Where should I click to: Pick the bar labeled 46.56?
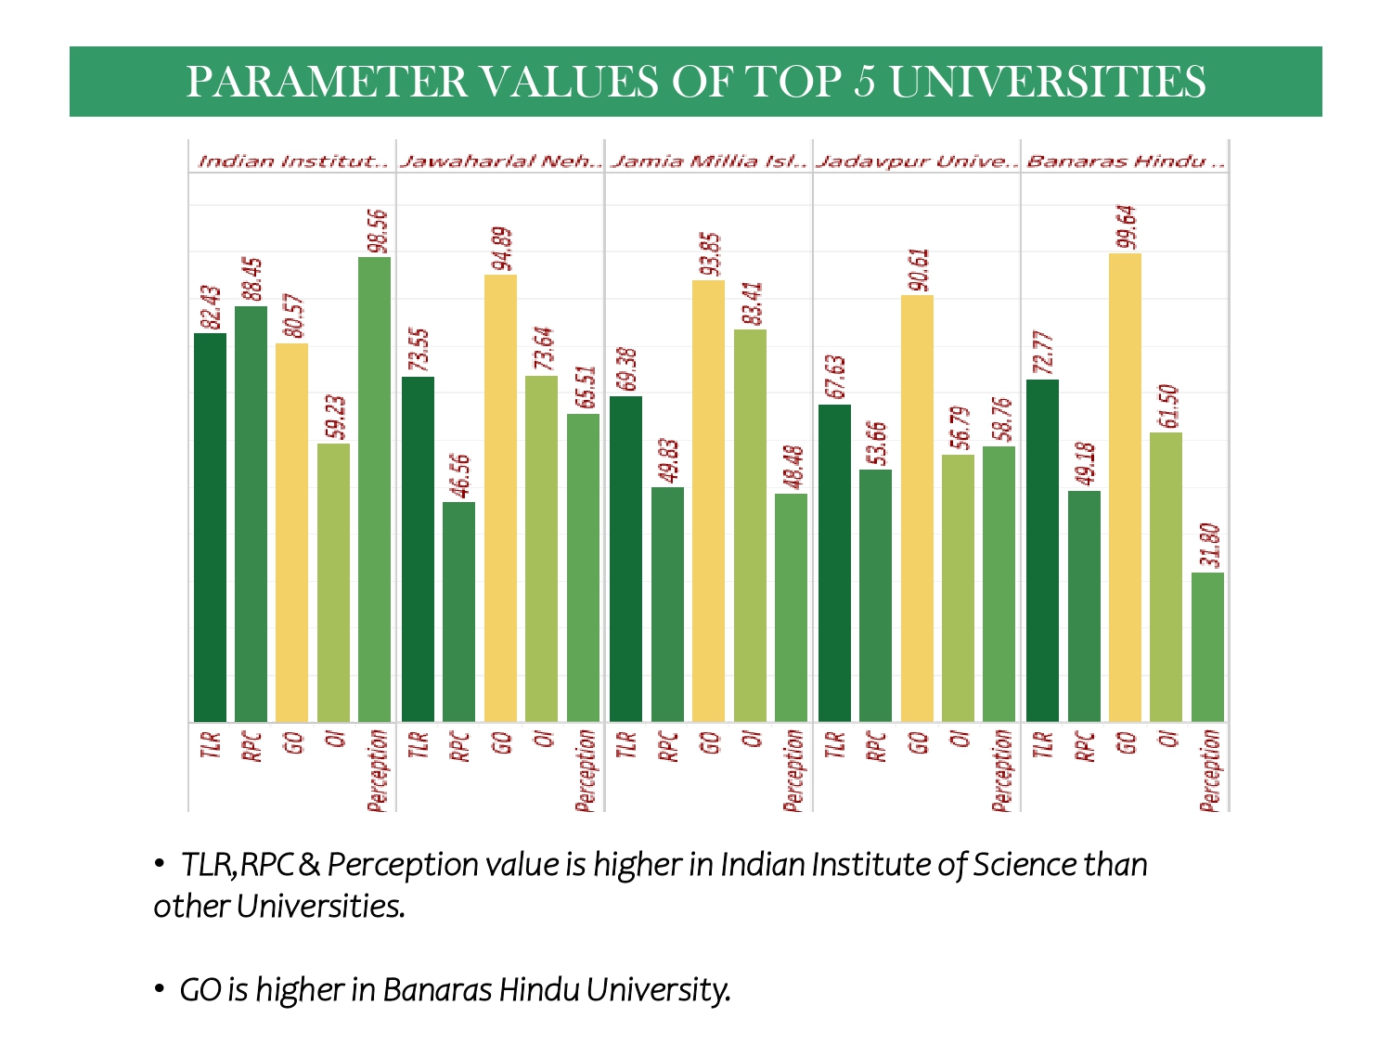458,612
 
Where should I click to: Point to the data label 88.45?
252,276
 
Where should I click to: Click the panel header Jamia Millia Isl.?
709,161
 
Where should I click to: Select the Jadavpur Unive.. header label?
917,161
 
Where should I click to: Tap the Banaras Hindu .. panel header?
1125,161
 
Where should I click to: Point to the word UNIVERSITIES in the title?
1048,82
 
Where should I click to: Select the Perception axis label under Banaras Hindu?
1209,770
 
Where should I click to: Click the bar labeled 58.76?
999,584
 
